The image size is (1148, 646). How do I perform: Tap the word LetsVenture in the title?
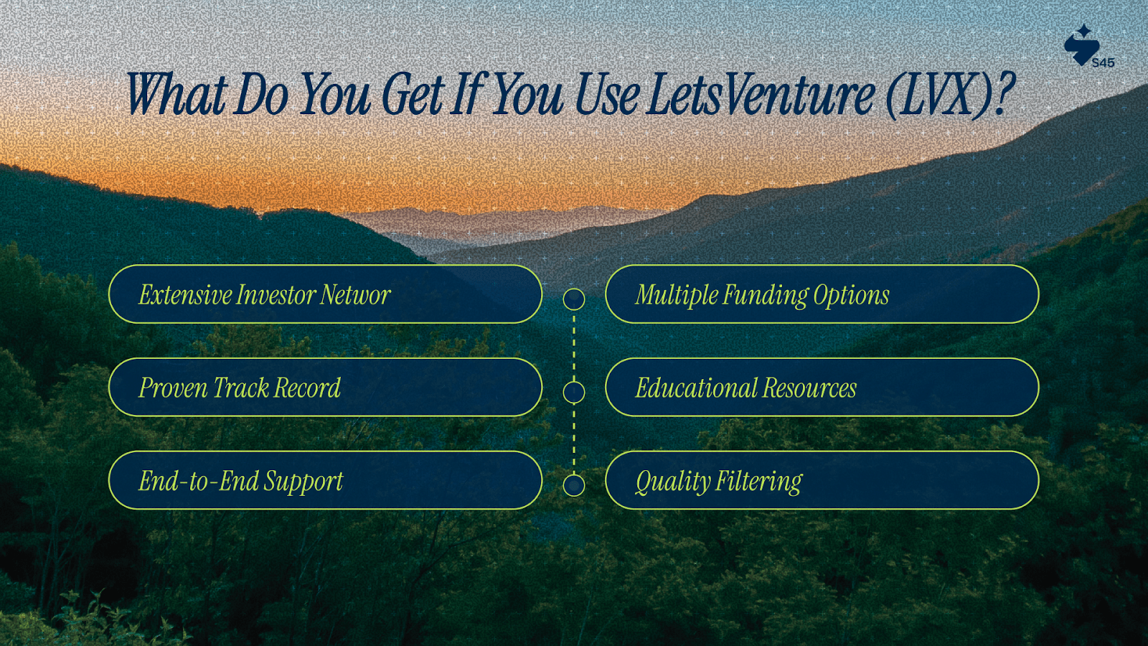[x=761, y=94]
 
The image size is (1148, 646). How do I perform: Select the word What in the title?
[x=177, y=94]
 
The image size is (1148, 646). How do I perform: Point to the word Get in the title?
[x=413, y=94]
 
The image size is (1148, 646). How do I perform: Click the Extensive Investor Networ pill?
[x=326, y=294]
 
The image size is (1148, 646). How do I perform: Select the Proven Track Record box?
[x=326, y=387]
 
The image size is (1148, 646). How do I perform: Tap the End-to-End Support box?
[x=326, y=480]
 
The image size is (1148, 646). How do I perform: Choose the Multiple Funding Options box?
[x=822, y=294]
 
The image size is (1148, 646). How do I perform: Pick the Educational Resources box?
[x=822, y=387]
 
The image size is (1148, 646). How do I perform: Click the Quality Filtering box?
[x=822, y=480]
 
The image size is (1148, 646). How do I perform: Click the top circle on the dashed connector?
[x=574, y=289]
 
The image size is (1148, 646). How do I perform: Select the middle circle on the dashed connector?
[x=574, y=382]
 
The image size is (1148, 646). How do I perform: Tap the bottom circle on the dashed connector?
[x=574, y=475]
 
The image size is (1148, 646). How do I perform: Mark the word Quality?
[x=674, y=482]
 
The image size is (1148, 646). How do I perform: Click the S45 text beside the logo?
[x=1104, y=63]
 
